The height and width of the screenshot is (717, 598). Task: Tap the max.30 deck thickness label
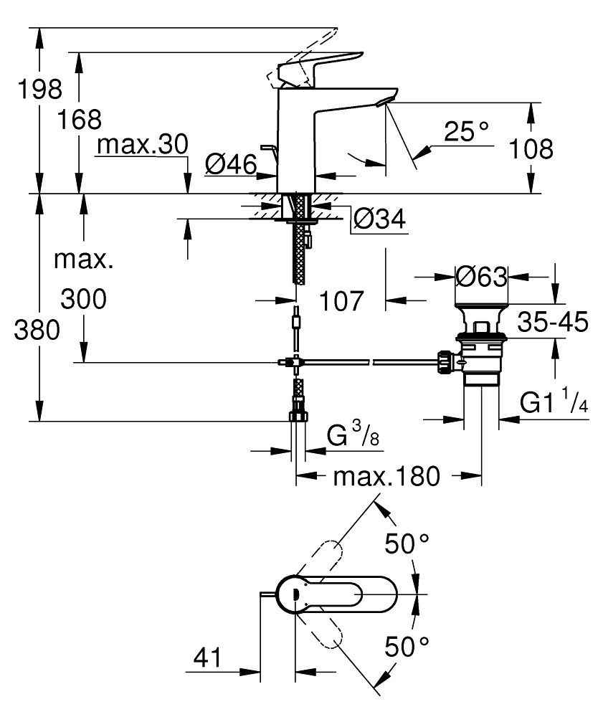tap(143, 146)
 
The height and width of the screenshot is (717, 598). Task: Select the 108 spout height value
tap(531, 148)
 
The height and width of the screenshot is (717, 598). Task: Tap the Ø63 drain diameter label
tap(481, 276)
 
